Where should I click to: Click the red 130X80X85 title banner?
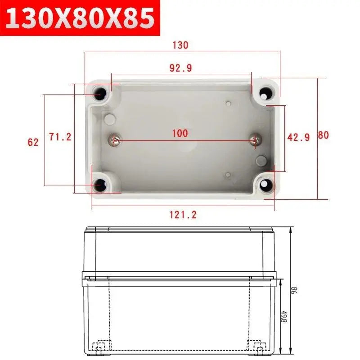(x=81, y=18)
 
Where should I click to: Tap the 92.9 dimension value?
(x=181, y=68)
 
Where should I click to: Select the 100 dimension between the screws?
(x=180, y=133)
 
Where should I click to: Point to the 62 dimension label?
(x=33, y=142)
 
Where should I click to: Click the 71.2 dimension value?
(x=60, y=137)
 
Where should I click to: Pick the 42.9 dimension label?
(x=298, y=138)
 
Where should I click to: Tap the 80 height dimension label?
(x=323, y=135)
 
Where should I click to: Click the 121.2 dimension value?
(x=183, y=215)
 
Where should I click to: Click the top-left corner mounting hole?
(x=100, y=94)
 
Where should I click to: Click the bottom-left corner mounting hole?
(x=99, y=184)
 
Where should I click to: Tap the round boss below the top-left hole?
(x=109, y=118)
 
